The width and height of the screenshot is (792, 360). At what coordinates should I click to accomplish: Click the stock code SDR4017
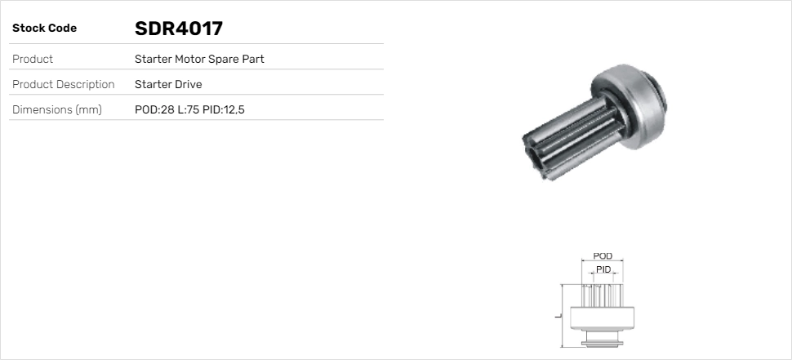(x=178, y=29)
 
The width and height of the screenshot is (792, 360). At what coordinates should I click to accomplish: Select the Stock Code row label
(x=44, y=29)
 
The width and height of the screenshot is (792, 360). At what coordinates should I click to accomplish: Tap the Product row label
(x=33, y=59)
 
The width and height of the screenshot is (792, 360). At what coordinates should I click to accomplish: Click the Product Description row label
(x=64, y=84)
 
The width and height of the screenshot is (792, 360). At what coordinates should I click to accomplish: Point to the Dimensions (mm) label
(x=57, y=109)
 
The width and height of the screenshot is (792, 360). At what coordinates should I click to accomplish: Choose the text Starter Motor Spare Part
(x=199, y=59)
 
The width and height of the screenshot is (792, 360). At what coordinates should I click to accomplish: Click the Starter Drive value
(x=168, y=84)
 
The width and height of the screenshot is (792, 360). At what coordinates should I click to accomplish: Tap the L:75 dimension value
(x=188, y=109)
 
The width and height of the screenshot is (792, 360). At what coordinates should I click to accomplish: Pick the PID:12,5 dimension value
(x=224, y=109)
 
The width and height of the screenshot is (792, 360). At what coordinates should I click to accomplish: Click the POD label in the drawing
(x=603, y=256)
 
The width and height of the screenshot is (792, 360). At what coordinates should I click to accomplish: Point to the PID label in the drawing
(x=603, y=269)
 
